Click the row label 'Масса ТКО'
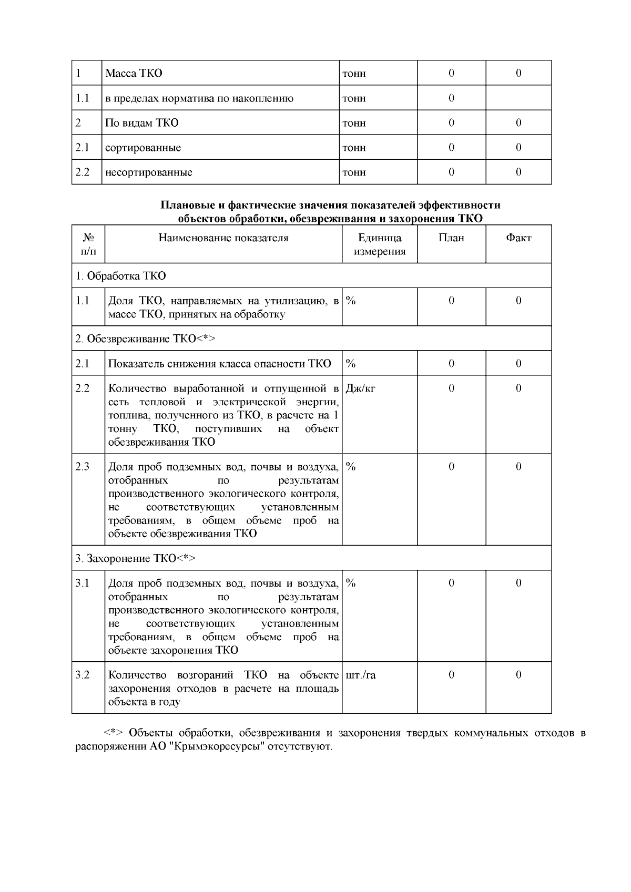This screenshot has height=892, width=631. [134, 73]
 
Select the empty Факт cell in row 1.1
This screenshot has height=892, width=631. [518, 98]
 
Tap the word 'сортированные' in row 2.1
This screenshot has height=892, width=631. [143, 148]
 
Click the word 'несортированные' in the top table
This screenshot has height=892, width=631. [149, 172]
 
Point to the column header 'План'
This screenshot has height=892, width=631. [451, 238]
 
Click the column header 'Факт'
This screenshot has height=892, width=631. [518, 238]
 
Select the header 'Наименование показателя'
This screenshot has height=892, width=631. [223, 238]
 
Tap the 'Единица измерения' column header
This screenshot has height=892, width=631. [380, 244]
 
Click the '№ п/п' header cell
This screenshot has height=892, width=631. [88, 244]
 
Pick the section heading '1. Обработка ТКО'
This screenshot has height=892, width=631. [120, 276]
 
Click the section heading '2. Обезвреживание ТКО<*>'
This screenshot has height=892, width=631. [145, 339]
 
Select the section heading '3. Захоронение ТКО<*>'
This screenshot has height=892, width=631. [135, 558]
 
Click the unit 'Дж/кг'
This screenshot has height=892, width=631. [360, 388]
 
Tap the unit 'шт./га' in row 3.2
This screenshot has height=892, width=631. [361, 675]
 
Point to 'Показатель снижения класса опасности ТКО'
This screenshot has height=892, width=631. [219, 364]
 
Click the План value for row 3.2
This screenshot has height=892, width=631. [451, 675]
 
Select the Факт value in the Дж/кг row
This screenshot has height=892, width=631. [518, 388]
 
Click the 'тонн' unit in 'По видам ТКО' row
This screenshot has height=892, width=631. [354, 123]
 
